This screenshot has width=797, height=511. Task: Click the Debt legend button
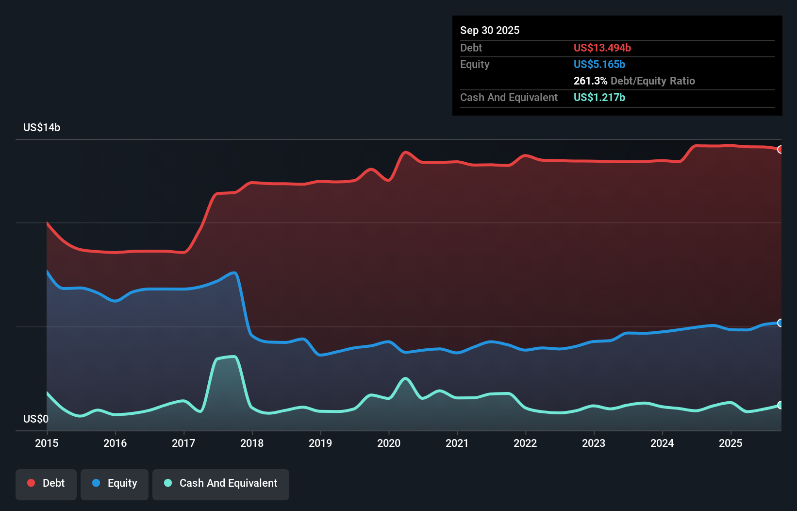coord(46,484)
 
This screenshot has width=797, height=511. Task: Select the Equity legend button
coord(115,484)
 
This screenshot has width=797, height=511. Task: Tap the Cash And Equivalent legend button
coord(221,484)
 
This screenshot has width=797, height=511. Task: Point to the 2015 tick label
coord(47,443)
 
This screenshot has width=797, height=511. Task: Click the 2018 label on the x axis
coord(252,443)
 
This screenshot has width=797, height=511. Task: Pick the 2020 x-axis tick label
coord(389,443)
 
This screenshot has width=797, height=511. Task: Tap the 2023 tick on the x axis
coord(594,443)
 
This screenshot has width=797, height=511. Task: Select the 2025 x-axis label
coord(731,443)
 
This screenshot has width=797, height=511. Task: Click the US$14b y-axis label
coord(42,128)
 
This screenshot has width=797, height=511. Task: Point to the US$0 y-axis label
coord(36,419)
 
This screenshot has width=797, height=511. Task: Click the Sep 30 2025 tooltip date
coord(490,30)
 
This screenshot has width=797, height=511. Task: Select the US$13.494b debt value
coord(602,48)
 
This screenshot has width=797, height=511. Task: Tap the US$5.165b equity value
coord(599,64)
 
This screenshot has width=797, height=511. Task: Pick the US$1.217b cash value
coord(599,97)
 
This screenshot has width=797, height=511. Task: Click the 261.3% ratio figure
coord(590,81)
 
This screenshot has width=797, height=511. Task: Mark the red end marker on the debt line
coord(780,149)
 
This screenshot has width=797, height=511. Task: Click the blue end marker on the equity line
coord(780,323)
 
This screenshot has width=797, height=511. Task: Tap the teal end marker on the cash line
coord(780,405)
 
